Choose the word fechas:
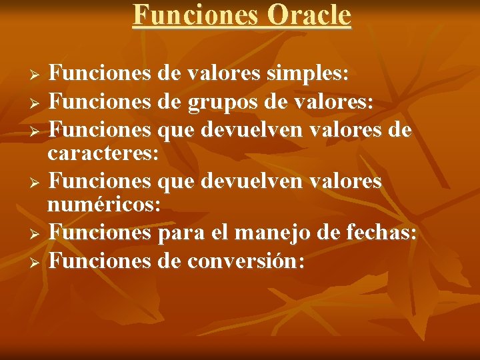click(x=382, y=233)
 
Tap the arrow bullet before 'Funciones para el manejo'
click(x=37, y=233)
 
